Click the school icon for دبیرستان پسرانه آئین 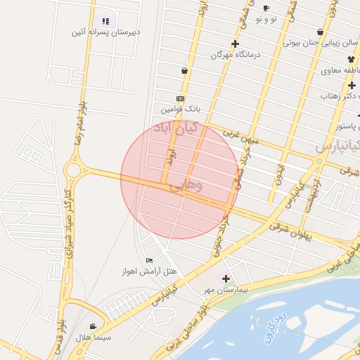click(105, 22)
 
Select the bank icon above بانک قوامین click(181, 99)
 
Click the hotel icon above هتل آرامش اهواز click(148, 260)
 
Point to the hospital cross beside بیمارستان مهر click(226, 278)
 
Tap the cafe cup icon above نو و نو click(266, 8)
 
